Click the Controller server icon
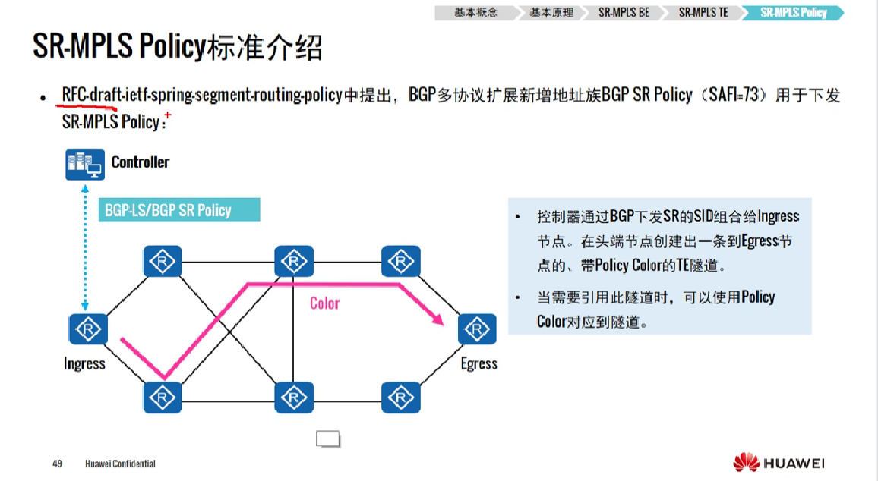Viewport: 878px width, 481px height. pyautogui.click(x=84, y=165)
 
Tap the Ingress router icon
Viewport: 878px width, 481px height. pyautogui.click(x=88, y=329)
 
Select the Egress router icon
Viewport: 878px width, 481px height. pyautogui.click(x=478, y=329)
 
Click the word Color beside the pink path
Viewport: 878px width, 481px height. pyautogui.click(x=324, y=303)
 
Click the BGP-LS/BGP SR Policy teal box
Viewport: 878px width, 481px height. pyautogui.click(x=179, y=210)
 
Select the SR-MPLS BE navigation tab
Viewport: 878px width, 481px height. pyautogui.click(x=623, y=13)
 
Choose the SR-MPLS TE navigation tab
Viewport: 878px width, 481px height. pyautogui.click(x=703, y=13)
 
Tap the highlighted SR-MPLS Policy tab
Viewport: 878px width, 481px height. pyautogui.click(x=793, y=13)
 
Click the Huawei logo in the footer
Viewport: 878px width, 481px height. pyautogui.click(x=779, y=462)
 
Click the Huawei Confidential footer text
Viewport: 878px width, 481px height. pyautogui.click(x=120, y=464)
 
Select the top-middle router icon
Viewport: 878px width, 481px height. pyautogui.click(x=293, y=261)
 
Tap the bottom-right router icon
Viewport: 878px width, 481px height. pyautogui.click(x=400, y=397)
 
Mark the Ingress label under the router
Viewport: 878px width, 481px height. pyautogui.click(x=84, y=364)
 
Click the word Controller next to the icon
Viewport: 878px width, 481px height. pyautogui.click(x=141, y=162)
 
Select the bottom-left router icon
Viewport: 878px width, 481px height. pyautogui.click(x=163, y=397)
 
